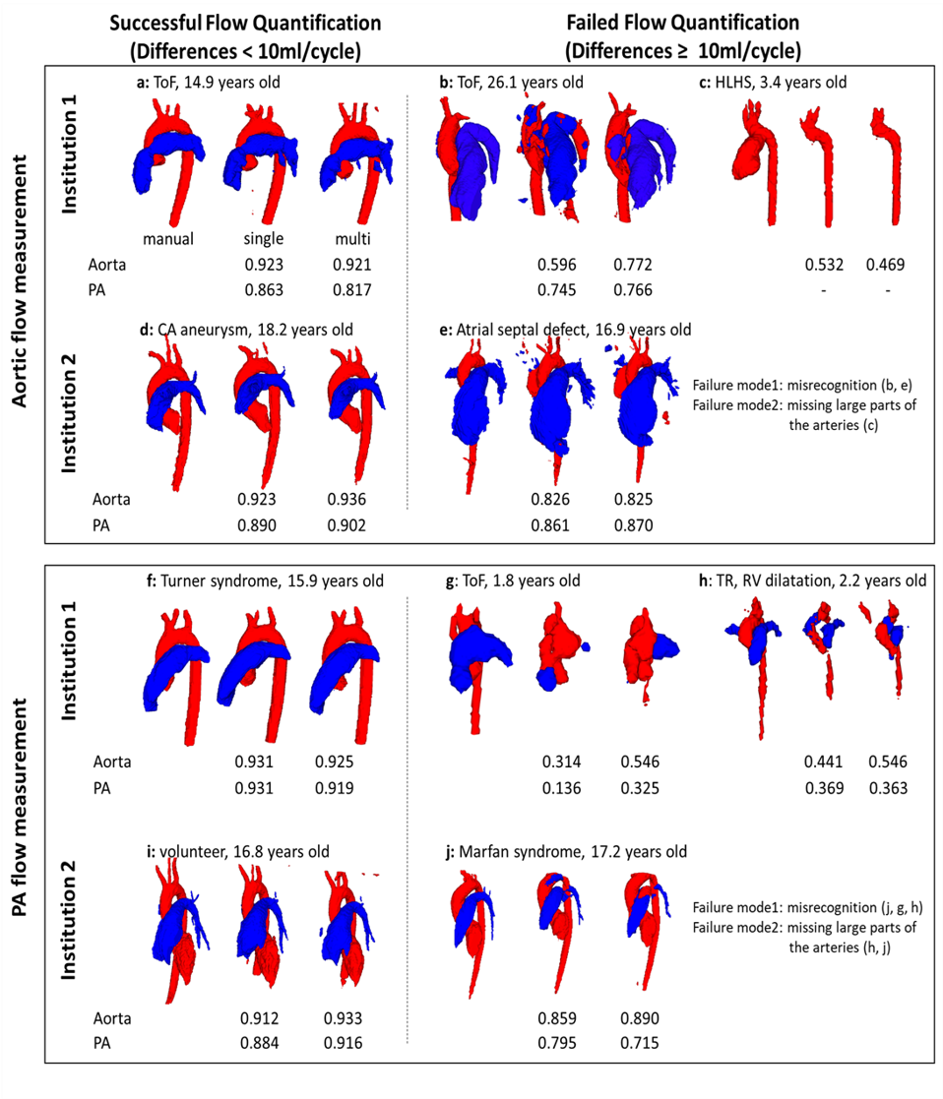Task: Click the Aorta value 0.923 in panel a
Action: click(x=264, y=264)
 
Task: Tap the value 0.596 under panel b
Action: click(x=556, y=264)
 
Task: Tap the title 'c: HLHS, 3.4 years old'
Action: click(x=768, y=82)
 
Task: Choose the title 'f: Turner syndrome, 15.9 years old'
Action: click(x=265, y=580)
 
